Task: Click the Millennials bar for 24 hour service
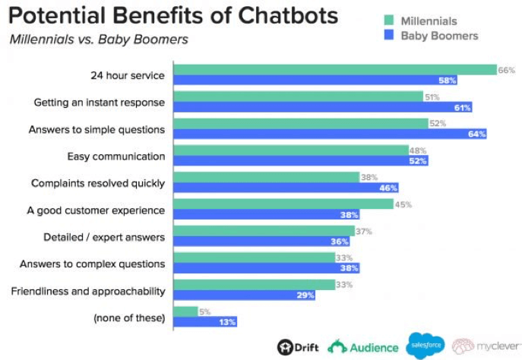(334, 70)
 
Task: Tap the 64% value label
(477, 134)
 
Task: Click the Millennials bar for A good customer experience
(283, 204)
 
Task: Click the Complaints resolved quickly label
(98, 183)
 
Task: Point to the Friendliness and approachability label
(88, 291)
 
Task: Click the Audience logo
(363, 346)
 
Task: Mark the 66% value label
(507, 70)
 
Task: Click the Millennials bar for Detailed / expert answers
(264, 231)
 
